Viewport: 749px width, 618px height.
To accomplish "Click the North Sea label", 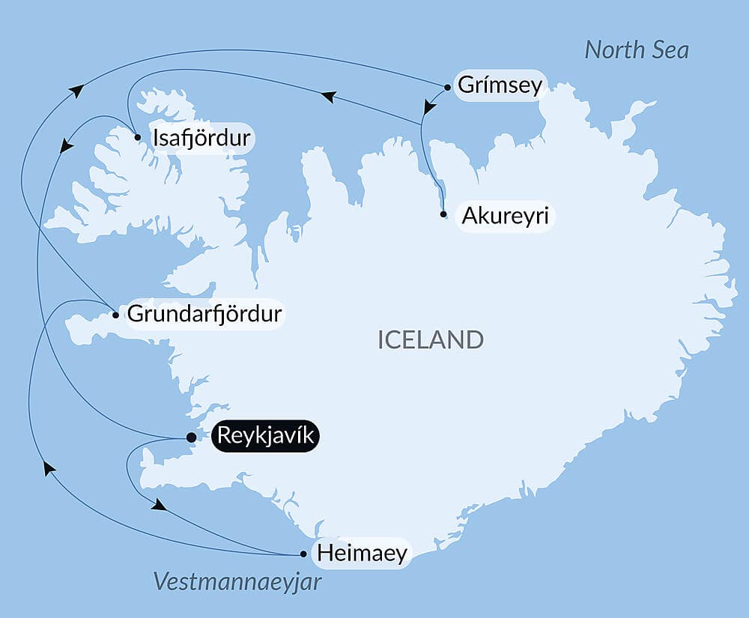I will (637, 50).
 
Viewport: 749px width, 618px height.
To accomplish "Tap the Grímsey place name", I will (499, 85).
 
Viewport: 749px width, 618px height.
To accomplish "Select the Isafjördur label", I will (201, 139).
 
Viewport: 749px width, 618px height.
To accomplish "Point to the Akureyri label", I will (506, 216).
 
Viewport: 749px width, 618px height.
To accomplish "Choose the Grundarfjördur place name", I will (204, 314).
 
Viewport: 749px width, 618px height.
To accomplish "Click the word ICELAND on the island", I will (431, 340).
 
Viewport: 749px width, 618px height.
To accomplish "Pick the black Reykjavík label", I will (267, 436).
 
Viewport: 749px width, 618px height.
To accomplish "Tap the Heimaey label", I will (362, 554).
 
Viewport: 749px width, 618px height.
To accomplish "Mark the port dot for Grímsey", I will (447, 87).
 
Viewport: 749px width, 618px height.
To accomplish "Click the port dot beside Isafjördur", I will (137, 137).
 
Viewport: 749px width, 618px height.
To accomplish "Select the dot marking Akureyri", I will (444, 214).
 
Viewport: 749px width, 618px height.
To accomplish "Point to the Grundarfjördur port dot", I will (115, 315).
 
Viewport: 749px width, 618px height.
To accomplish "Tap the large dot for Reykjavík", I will (191, 437).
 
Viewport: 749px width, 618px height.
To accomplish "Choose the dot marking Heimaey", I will (303, 554).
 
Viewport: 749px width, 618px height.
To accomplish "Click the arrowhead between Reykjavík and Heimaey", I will (158, 506).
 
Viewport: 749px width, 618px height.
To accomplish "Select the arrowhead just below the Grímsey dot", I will (428, 109).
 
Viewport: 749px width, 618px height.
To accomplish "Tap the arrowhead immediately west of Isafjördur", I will (67, 145).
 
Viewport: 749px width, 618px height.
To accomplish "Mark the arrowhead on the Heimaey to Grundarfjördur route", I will (49, 468).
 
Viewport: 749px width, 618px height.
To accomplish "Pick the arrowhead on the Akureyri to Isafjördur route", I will (327, 97).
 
